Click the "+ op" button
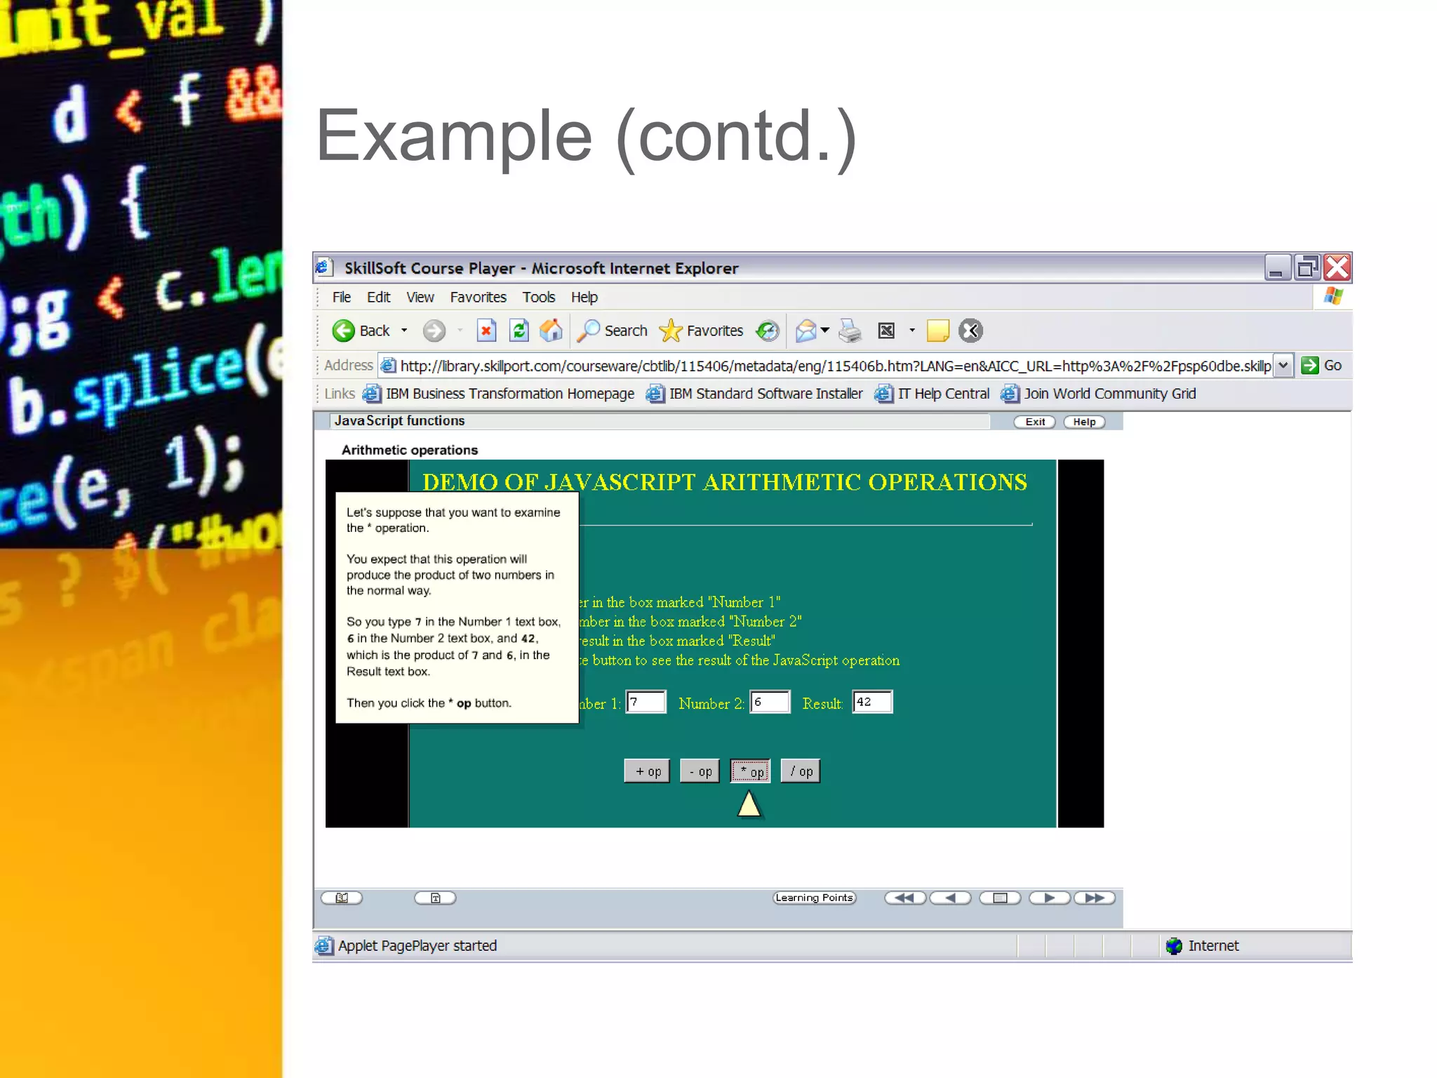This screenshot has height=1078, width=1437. [x=647, y=771]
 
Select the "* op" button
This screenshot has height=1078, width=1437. [x=750, y=771]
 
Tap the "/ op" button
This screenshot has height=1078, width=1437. [x=801, y=771]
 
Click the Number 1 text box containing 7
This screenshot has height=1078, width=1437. [x=646, y=702]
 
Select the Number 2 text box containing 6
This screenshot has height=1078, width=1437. [x=770, y=702]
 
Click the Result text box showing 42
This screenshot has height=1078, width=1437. [x=872, y=702]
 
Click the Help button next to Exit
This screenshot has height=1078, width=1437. [x=1084, y=422]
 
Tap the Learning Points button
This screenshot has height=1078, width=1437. [x=814, y=898]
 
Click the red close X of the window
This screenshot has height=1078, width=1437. [x=1337, y=267]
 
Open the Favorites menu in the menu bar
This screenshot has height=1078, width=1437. [x=478, y=298]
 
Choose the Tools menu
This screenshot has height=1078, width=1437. [x=538, y=298]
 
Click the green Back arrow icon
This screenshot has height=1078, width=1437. [x=344, y=331]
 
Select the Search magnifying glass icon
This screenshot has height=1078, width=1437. [x=588, y=331]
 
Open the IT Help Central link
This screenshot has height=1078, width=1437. [x=942, y=394]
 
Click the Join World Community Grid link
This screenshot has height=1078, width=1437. [x=1109, y=394]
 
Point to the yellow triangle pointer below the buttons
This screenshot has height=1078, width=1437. [x=749, y=804]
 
